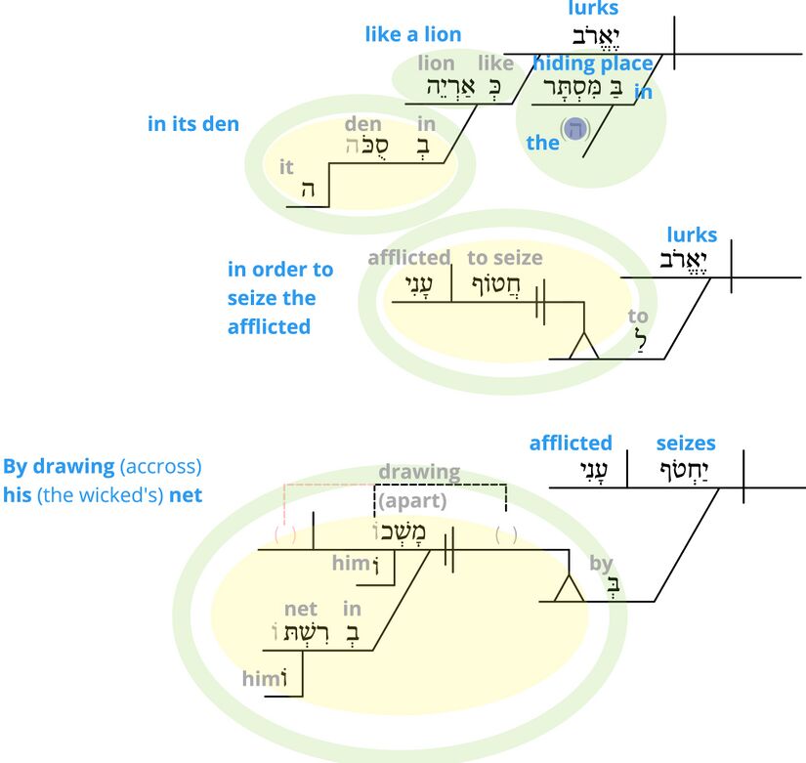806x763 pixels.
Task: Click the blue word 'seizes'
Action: [686, 443]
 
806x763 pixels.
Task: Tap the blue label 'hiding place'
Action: [593, 64]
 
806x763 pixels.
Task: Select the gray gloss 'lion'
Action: [436, 64]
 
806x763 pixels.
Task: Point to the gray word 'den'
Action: [362, 124]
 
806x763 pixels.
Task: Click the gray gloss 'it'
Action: [286, 167]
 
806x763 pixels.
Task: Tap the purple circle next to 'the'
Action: [575, 129]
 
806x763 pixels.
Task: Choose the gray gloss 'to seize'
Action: [504, 258]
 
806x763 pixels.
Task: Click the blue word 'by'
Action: [601, 563]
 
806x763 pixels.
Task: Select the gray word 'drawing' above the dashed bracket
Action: [419, 472]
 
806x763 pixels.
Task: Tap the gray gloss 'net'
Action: [301, 610]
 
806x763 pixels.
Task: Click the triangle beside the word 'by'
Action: [569, 588]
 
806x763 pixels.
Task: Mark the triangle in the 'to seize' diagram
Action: [583, 345]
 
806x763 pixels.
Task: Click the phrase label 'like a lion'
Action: [413, 34]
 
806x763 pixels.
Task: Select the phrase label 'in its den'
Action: [192, 124]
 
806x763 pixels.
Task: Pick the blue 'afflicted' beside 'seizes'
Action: [571, 443]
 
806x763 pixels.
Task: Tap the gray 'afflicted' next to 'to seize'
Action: [408, 258]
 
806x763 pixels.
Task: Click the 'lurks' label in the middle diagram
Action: [692, 234]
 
